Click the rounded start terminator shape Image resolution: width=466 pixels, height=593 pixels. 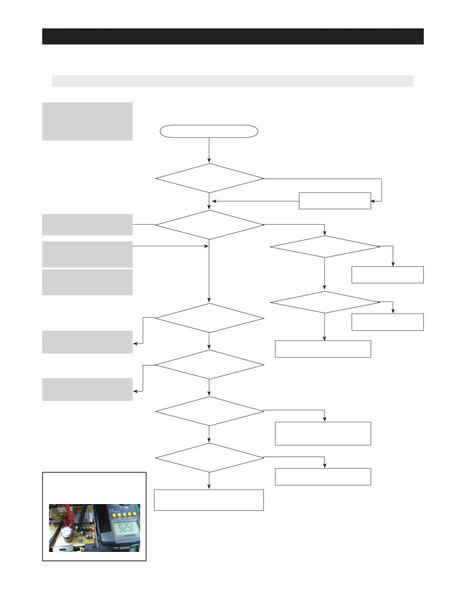coord(209,131)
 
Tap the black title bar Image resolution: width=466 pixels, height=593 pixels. coord(232,36)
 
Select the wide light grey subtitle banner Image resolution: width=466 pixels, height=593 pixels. coord(232,81)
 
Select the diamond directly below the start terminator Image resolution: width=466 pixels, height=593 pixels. coord(209,178)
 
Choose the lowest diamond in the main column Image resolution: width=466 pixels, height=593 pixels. coord(209,458)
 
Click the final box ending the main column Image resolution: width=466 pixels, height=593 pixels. coord(209,500)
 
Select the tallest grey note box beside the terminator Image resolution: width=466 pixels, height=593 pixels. coord(87,121)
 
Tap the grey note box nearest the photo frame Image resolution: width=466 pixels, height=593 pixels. coord(87,389)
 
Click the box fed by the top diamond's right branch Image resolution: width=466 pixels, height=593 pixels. coord(334,201)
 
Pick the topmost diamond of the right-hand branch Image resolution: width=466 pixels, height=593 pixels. coord(325,247)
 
